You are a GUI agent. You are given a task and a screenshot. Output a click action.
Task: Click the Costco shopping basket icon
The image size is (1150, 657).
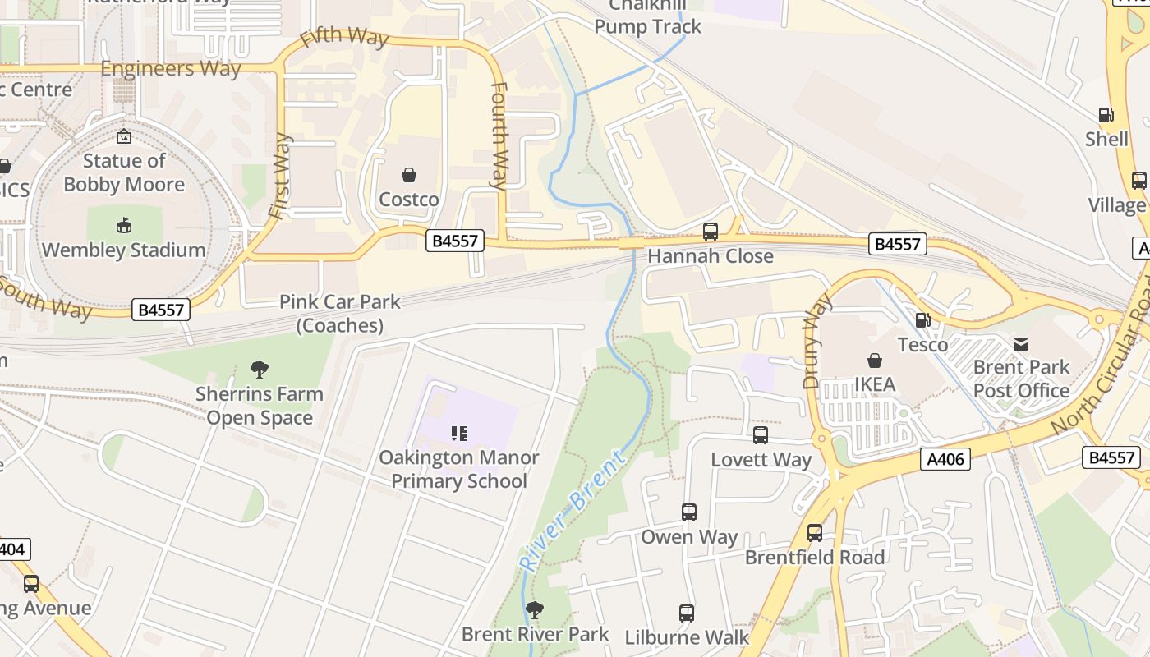pos(408,175)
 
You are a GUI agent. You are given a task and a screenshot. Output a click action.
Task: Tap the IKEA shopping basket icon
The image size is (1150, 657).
pos(875,361)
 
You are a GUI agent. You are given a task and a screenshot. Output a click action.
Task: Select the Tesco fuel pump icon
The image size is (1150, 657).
pos(922,320)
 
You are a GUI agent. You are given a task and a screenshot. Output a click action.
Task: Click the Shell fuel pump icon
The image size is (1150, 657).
pos(1106,115)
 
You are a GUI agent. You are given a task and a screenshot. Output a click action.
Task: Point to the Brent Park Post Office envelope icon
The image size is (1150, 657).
pos(1021,343)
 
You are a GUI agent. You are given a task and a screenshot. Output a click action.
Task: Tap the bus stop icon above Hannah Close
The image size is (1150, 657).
pos(711,232)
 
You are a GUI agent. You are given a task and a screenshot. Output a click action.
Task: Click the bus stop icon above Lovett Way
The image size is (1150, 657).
pos(761,435)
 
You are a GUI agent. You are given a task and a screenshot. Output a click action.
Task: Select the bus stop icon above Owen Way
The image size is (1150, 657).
pos(689,512)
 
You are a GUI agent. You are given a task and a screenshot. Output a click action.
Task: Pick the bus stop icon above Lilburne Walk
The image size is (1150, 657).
pos(687,613)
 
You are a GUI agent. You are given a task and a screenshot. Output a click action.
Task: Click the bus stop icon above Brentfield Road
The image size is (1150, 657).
pos(815,533)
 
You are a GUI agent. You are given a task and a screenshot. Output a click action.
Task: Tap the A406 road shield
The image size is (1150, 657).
pos(945,459)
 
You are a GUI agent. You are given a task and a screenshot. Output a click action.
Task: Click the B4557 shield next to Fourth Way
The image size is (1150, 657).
pos(454,241)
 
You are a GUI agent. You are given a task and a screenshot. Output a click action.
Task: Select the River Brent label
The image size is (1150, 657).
pos(573,511)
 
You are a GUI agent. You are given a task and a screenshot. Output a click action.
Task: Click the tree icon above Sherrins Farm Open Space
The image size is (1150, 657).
pos(260,370)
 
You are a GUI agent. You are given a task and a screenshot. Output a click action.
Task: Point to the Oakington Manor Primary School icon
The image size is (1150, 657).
pos(458,433)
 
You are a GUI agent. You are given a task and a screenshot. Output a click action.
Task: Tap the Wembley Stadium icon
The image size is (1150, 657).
pos(124,225)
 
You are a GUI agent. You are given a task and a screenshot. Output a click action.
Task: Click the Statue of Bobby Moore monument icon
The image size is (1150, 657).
pos(124,136)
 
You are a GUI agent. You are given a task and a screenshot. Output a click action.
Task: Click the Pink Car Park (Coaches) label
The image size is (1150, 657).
pos(340,314)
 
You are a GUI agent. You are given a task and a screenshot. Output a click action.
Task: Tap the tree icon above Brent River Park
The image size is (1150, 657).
pos(535,610)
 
